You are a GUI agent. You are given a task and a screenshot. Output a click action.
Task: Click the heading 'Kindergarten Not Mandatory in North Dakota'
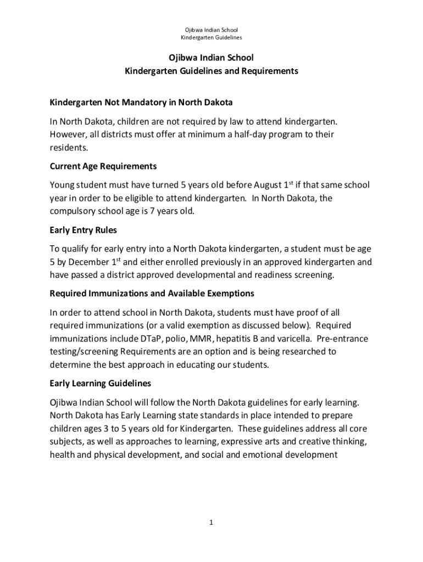click(141, 103)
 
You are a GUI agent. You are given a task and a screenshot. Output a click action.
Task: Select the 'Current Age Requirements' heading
click(103, 166)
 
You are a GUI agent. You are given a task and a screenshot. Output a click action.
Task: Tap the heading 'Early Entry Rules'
click(83, 231)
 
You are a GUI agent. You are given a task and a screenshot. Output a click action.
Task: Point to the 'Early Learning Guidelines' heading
click(100, 383)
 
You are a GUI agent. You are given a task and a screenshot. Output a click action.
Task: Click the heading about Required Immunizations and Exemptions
click(152, 294)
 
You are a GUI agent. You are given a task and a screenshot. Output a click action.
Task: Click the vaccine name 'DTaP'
click(153, 339)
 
